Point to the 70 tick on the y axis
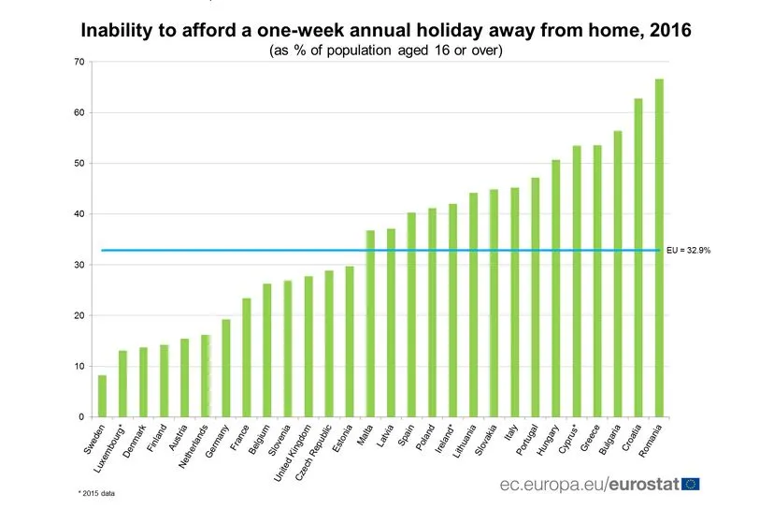(79, 62)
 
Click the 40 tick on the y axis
(79, 214)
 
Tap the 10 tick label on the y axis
(79, 366)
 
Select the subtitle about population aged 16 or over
(386, 51)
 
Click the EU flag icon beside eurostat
(691, 484)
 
